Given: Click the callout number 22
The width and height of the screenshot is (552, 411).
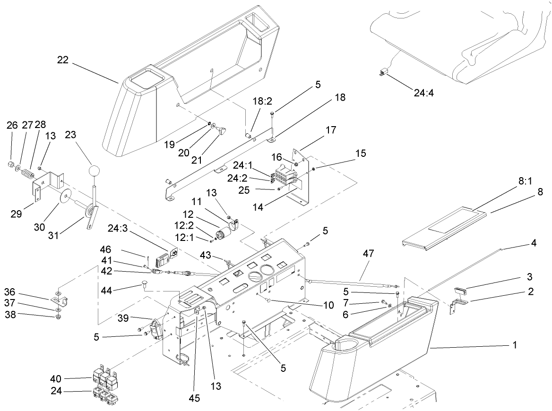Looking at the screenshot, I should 63,60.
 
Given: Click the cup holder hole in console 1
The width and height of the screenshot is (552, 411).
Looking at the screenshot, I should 344,347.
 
